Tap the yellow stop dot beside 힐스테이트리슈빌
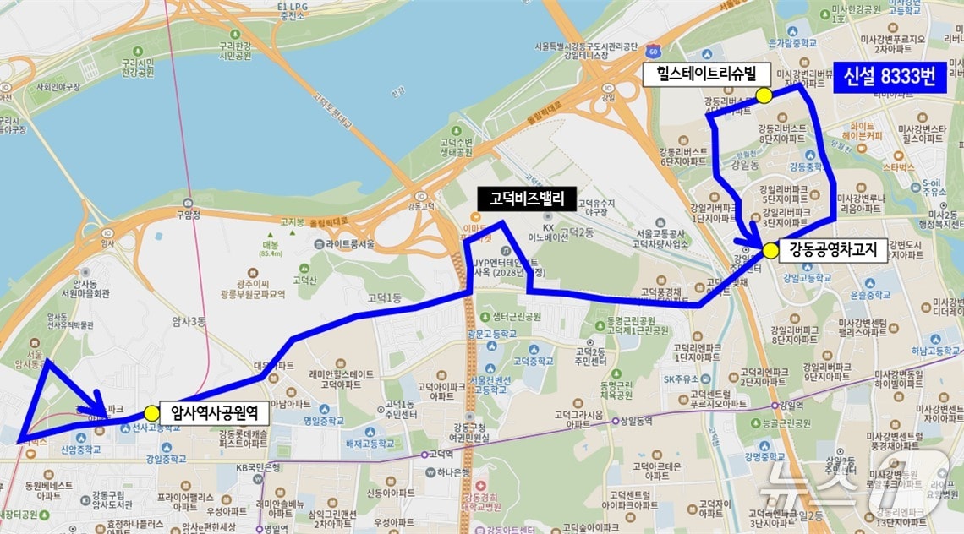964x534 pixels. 764,95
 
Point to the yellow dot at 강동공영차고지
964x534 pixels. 770,251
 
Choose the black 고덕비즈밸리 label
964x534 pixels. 526,199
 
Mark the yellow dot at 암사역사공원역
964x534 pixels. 151,412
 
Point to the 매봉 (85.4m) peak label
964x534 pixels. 271,246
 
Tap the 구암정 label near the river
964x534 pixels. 187,215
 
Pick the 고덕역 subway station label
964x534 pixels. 441,454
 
